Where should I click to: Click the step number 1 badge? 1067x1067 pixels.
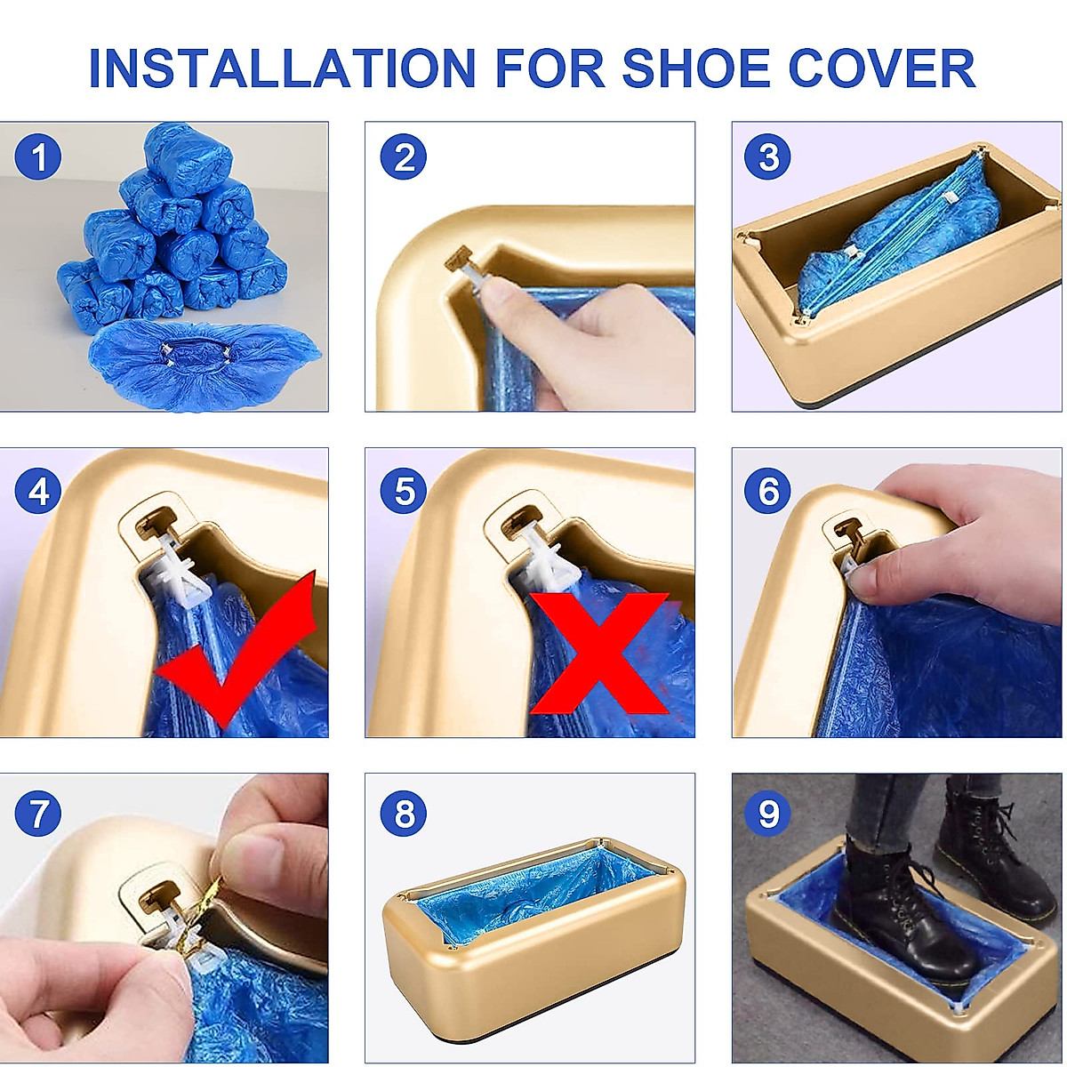(38, 158)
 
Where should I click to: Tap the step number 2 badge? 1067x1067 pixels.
(404, 158)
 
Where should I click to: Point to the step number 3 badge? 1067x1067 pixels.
(769, 158)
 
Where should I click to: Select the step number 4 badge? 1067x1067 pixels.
(38, 491)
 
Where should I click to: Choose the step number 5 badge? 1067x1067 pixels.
(404, 491)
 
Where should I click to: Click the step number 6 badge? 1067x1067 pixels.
(769, 491)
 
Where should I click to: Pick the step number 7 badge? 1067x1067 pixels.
(38, 814)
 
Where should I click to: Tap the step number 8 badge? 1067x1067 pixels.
(404, 814)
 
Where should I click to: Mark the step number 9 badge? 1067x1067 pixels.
(769, 814)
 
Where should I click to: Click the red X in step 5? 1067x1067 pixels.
(600, 654)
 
